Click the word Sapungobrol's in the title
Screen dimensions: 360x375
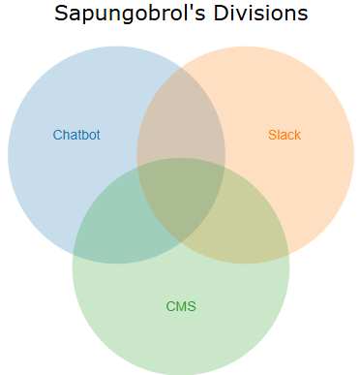[x=130, y=14]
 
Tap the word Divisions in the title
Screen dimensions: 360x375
[x=260, y=13]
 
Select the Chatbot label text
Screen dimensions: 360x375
[x=76, y=135]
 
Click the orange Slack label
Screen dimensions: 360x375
[x=285, y=135]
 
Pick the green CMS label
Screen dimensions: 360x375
[x=181, y=306]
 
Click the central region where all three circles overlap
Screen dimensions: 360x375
[x=181, y=197]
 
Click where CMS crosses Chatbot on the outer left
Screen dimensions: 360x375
[x=74, y=253]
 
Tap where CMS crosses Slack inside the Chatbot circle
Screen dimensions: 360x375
[x=137, y=167]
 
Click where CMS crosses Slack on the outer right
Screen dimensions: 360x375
[x=288, y=253]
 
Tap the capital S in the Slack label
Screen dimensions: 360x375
[x=272, y=135]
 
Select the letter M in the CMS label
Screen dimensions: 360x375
[x=181, y=306]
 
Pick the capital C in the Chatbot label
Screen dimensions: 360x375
[x=57, y=135]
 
